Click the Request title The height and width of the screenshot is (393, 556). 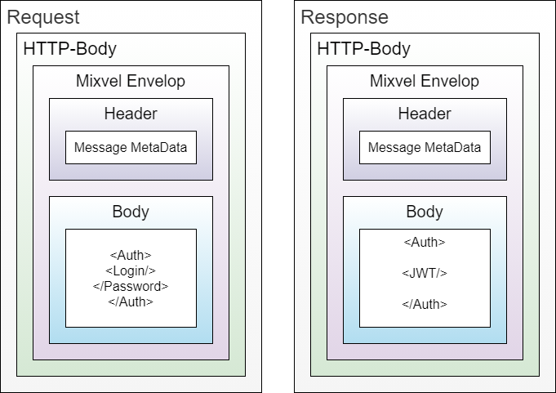pyautogui.click(x=43, y=17)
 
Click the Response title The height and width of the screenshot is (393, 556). pyautogui.click(x=344, y=17)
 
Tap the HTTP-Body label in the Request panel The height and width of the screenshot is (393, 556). pyautogui.click(x=69, y=49)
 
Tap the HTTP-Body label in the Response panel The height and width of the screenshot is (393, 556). pyautogui.click(x=363, y=49)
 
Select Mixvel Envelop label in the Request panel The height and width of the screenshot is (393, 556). pyautogui.click(x=130, y=82)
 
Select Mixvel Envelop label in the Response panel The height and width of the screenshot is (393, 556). pyautogui.click(x=424, y=82)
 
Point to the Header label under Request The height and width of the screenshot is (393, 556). pyautogui.click(x=131, y=114)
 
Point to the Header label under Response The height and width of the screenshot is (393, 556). pyautogui.click(x=425, y=114)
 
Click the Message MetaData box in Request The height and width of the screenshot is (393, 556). pyautogui.click(x=131, y=148)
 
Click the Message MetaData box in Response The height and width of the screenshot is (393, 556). pyautogui.click(x=425, y=148)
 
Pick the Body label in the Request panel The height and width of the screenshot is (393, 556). pyautogui.click(x=131, y=212)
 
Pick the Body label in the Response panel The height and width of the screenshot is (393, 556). pyautogui.click(x=425, y=212)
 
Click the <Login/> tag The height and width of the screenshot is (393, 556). pyautogui.click(x=131, y=270)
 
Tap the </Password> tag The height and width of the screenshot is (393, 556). pyautogui.click(x=131, y=286)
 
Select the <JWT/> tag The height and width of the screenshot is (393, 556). pyautogui.click(x=425, y=273)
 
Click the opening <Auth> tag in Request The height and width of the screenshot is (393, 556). pyautogui.click(x=131, y=255)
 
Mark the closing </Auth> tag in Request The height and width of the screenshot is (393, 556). pyautogui.click(x=131, y=301)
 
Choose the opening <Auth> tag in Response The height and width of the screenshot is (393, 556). pyautogui.click(x=425, y=242)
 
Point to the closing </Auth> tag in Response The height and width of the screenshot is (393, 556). pyautogui.click(x=425, y=304)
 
